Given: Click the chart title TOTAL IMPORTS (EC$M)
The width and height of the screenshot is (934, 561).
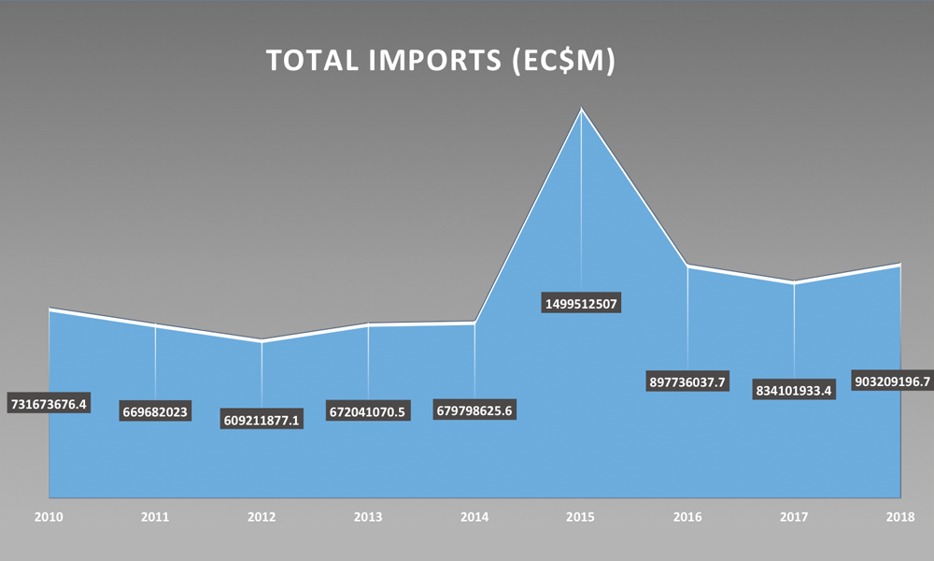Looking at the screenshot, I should pos(441,60).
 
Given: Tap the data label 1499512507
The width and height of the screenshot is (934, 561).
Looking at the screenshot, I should pos(582,303).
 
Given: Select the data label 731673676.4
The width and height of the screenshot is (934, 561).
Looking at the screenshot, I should pos(49,404).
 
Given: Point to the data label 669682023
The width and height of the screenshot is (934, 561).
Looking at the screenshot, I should pos(156,411).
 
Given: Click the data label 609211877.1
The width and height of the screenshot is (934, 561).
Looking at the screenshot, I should pos(262,419).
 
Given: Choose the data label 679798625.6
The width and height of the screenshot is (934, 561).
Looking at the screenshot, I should pos(474,410).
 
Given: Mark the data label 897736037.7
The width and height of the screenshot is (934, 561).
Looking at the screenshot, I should pos(687,381).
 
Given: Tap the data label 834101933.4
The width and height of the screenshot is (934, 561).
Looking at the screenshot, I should pos(794,389).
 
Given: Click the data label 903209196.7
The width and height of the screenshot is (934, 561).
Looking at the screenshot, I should pos(892,381).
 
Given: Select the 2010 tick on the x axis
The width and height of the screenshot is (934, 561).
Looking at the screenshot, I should pos(49,515).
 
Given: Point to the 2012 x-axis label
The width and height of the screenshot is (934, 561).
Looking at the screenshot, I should pos(262,515).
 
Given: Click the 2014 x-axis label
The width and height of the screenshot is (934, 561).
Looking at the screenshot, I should pos(474,515).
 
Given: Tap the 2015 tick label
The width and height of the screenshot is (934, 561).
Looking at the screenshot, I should pos(582,515).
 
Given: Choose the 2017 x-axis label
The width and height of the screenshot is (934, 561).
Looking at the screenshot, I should pos(794,515).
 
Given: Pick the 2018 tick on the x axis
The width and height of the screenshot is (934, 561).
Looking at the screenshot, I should pos(900,515).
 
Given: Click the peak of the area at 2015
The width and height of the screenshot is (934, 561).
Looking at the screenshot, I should pos(582,110).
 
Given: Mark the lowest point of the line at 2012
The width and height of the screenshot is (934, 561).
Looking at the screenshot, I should pos(262,341).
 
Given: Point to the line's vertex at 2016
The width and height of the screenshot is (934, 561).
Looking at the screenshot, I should pos(687,266).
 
